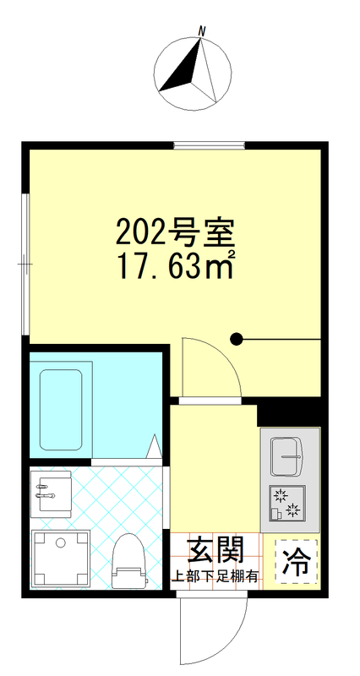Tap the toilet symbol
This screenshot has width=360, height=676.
point(128,561)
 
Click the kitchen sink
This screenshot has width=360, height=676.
point(286,456)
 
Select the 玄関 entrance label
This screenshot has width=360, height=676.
point(215,550)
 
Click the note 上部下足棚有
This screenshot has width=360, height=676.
point(215,578)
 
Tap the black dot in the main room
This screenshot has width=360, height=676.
point(237,340)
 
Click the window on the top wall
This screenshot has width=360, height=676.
point(209,145)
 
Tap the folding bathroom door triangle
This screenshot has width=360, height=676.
point(155,448)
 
